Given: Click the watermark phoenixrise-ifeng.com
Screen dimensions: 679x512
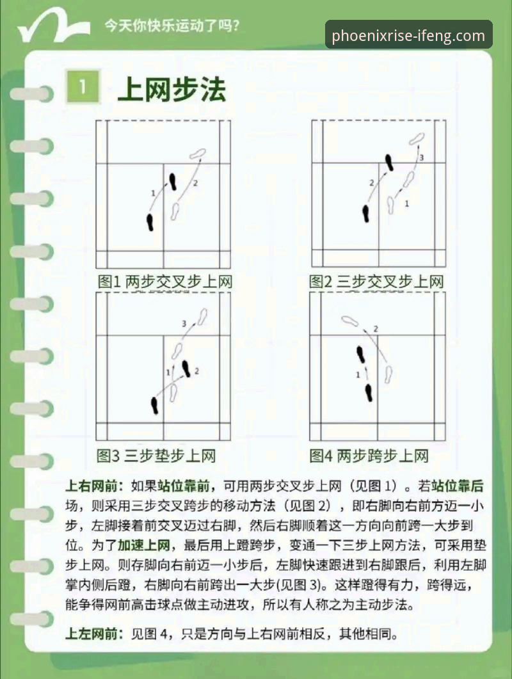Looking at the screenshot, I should pyautogui.click(x=408, y=35).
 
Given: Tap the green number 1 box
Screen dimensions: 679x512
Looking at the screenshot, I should pyautogui.click(x=83, y=88).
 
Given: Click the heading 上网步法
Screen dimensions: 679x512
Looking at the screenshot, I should pyautogui.click(x=172, y=90).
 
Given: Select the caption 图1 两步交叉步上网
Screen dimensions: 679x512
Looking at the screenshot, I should pyautogui.click(x=164, y=282).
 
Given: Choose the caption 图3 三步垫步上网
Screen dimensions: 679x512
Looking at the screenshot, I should pyautogui.click(x=156, y=456).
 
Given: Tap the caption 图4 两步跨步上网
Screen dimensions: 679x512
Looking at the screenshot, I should pyautogui.click(x=369, y=456).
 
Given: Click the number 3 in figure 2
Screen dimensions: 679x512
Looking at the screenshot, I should pyautogui.click(x=422, y=157).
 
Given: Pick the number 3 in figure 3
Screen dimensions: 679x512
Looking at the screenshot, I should pyautogui.click(x=184, y=324).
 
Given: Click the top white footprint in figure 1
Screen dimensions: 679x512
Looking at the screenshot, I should pyautogui.click(x=198, y=154).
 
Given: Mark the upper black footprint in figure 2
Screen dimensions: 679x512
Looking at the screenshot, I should pyautogui.click(x=388, y=163).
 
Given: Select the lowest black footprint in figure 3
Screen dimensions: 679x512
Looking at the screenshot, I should pyautogui.click(x=154, y=405).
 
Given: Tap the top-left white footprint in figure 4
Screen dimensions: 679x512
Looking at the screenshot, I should pyautogui.click(x=349, y=321).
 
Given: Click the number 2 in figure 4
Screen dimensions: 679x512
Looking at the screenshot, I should pyautogui.click(x=376, y=329).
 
